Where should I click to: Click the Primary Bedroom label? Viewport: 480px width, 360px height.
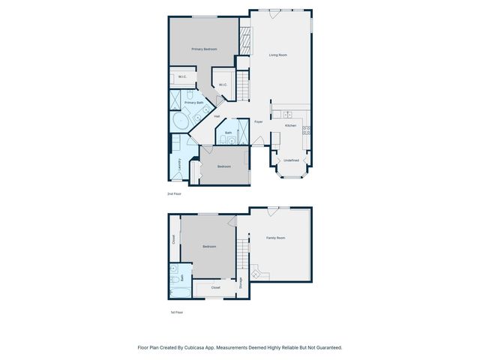coord(204,49)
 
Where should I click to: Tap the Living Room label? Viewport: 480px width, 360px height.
coord(278,55)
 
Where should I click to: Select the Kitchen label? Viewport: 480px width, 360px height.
coord(290,125)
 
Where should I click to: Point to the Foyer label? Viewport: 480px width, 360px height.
coord(258,121)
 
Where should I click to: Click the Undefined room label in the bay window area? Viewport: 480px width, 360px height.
coord(291,160)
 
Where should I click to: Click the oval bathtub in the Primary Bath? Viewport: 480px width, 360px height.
coord(181,121)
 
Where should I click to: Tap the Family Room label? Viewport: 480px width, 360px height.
coord(276,238)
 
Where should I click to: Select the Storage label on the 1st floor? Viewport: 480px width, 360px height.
coord(241,283)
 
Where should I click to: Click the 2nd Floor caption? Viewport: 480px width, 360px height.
coord(175,193)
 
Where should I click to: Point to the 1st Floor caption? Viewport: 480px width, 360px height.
coord(176,311)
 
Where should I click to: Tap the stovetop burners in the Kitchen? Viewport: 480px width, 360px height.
coord(306,130)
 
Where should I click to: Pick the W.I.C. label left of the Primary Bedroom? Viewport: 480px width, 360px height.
coord(182,76)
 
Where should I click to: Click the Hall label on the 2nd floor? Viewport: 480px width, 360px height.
coord(217,116)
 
